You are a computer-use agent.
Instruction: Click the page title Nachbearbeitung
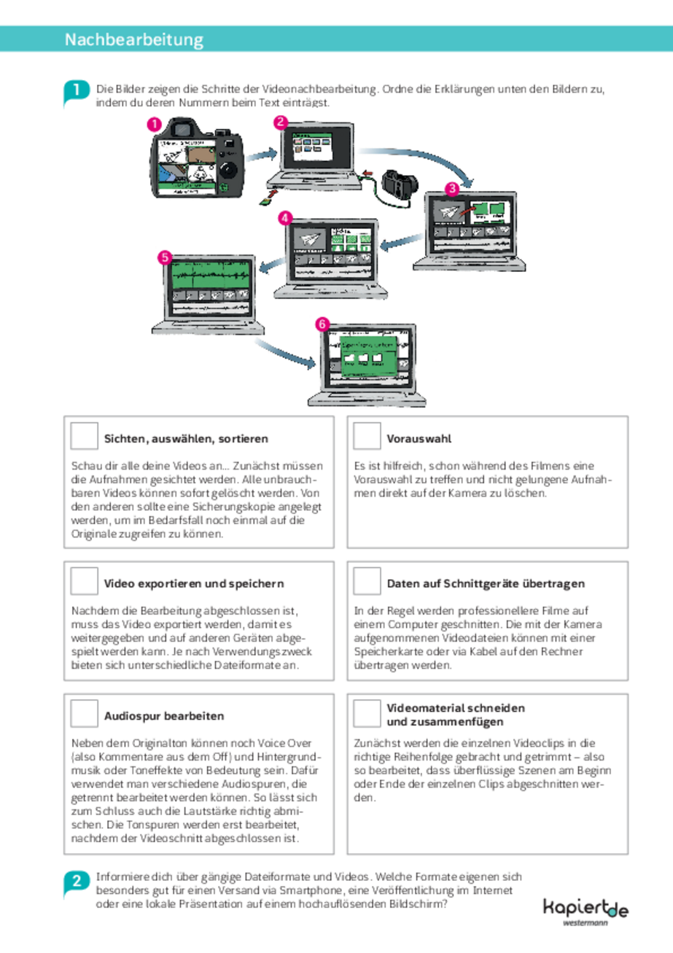tap(133, 39)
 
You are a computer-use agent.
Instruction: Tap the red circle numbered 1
tap(154, 125)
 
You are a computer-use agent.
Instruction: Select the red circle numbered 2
tap(281, 122)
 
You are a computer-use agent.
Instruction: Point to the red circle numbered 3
tap(451, 189)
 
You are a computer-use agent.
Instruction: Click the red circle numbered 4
tap(285, 218)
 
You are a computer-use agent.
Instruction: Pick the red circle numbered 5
tap(165, 257)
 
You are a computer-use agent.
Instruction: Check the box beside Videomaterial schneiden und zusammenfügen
tap(366, 714)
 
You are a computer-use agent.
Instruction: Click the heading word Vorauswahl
tap(419, 439)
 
